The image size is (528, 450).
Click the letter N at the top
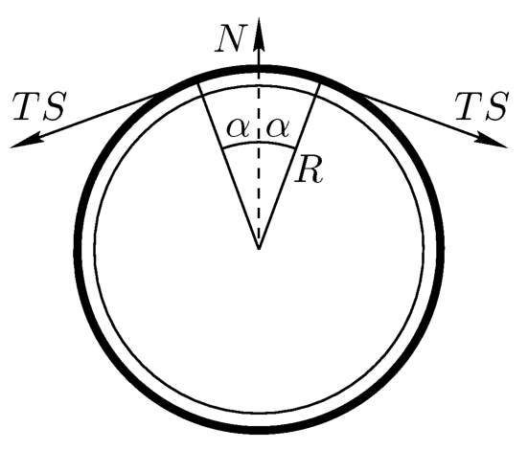(x=229, y=38)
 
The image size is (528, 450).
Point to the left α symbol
(x=239, y=128)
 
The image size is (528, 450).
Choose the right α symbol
(x=278, y=128)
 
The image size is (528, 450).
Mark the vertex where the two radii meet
(x=259, y=249)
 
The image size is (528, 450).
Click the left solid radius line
(x=228, y=166)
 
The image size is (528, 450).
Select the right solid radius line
(x=289, y=166)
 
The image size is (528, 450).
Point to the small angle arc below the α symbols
(x=259, y=143)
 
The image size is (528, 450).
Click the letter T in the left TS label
(x=26, y=106)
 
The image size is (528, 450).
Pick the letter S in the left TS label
(x=53, y=106)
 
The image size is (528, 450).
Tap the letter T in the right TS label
(x=469, y=106)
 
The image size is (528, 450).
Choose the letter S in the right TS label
(x=495, y=106)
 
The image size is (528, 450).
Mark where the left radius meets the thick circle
(x=197, y=82)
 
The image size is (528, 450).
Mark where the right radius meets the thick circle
(x=320, y=82)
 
